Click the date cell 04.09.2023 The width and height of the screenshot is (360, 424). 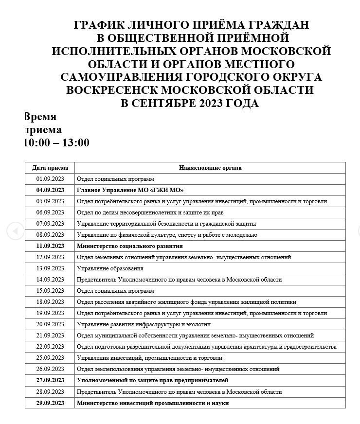50,190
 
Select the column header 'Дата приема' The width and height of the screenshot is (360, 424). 50,168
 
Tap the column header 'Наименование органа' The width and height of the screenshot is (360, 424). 210,168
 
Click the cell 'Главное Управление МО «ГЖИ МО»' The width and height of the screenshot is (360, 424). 130,190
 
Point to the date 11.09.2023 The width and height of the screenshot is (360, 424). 50,246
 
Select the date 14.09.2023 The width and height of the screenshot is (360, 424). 50,280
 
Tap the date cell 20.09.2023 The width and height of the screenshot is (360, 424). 50,324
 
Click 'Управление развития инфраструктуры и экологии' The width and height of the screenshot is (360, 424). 144,324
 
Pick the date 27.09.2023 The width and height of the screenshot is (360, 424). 50,380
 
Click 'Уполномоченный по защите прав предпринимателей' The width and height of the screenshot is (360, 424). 152,380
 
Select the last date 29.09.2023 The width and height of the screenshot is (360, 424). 50,403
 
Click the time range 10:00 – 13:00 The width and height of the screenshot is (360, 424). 57,142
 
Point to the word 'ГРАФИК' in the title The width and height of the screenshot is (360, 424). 96,25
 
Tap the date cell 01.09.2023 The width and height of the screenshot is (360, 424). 50,179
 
